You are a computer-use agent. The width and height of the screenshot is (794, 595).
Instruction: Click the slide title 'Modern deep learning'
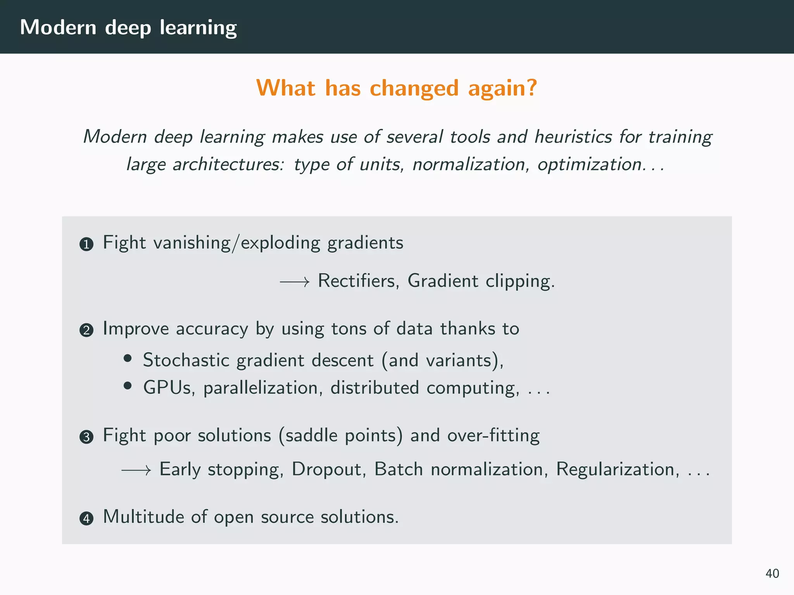(128, 28)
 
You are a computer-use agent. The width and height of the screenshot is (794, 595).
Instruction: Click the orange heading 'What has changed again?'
(396, 88)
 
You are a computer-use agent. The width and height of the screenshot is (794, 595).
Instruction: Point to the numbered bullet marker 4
(86, 519)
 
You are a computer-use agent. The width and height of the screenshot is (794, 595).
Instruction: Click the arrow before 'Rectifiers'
(295, 282)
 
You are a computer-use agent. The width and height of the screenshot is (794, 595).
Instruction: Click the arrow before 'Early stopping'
(136, 471)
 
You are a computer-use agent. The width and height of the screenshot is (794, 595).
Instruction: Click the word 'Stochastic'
(186, 361)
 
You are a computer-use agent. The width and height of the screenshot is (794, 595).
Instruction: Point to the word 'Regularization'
(618, 469)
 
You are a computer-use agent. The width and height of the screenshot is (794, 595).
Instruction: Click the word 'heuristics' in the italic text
(573, 137)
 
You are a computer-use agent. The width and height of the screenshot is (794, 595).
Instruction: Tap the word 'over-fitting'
(493, 436)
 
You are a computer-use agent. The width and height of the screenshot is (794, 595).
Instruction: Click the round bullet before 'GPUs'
(128, 386)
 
